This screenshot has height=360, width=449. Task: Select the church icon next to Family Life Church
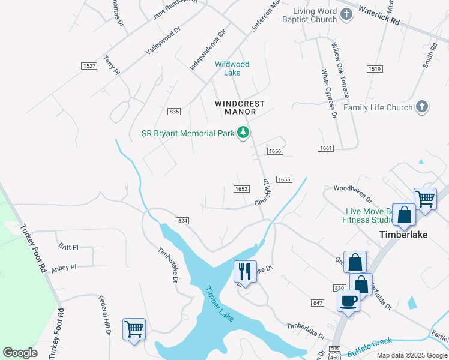pos(422,107)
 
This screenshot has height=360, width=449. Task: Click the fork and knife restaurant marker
pos(245,271)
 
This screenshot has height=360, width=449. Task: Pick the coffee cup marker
pos(348,301)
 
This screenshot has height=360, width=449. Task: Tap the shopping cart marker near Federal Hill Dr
pos(134,329)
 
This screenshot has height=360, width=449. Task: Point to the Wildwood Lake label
pos(232,68)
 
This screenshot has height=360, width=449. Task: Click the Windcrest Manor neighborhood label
pos(240,107)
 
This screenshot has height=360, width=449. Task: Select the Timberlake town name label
pos(403,235)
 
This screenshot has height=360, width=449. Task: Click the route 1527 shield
pos(89,65)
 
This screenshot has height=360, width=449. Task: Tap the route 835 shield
pos(174,112)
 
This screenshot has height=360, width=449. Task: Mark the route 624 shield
pos(183,221)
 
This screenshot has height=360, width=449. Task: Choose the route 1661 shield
pos(325,148)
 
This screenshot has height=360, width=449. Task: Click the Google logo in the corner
pos(20,353)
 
